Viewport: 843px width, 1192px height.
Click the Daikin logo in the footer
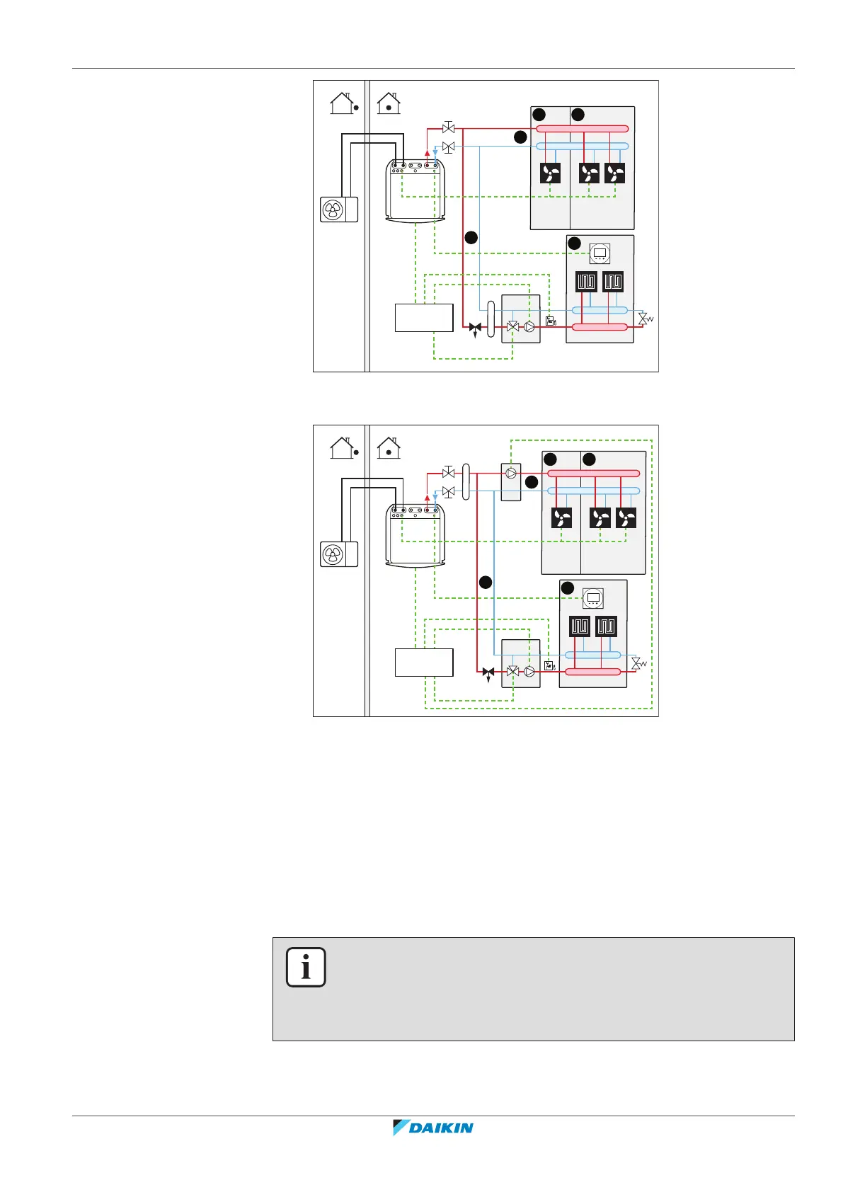433,1127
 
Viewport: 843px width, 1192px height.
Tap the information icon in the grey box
306,967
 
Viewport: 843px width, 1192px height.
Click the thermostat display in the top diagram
600,253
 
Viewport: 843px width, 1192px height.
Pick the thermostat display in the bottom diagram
592,598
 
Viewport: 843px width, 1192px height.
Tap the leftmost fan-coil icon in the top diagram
551,173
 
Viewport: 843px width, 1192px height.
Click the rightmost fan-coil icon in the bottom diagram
626,518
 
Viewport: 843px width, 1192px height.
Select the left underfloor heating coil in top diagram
586,282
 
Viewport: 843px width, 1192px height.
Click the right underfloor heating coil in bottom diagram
606,626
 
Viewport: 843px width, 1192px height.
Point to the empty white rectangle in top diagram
423,318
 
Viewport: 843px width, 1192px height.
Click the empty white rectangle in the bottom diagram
423,663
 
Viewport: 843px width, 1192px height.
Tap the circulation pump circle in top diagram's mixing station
529,327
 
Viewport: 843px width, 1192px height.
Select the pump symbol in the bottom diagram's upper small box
511,473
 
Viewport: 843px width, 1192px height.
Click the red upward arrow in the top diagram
427,151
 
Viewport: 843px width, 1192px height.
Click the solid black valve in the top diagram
475,328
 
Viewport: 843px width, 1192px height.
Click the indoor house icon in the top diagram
389,104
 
